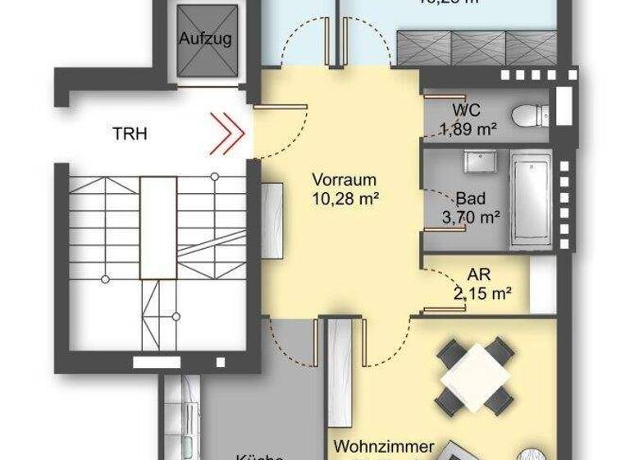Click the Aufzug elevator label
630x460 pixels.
205,38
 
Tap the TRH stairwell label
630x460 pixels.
130,134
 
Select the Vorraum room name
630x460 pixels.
344,180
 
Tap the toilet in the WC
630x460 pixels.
527,116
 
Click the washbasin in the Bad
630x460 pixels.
477,161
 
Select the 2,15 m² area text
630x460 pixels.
482,292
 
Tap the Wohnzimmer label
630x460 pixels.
384,447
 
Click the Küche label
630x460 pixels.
259,456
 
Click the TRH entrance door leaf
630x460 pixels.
280,106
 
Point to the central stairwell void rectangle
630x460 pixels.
157,227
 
